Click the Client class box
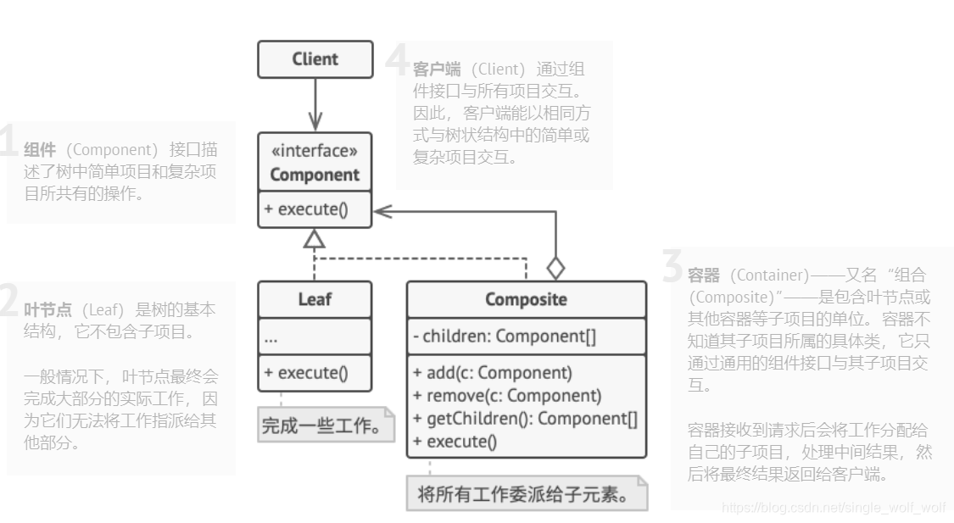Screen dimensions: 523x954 point(315,59)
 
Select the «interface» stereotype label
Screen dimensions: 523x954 point(315,152)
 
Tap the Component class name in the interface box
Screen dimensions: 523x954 point(315,175)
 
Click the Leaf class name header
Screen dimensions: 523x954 point(315,299)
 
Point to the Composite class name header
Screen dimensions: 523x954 point(526,299)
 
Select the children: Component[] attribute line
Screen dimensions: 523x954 point(505,337)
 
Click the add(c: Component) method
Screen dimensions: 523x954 point(493,372)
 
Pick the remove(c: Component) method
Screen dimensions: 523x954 point(507,395)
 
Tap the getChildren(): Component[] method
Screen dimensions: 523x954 point(525,418)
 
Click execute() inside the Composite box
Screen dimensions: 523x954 point(455,441)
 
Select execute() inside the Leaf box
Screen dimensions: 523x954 point(306,372)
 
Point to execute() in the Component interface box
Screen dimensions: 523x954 point(306,209)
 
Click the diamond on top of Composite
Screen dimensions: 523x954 point(555,268)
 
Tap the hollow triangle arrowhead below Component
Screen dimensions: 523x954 point(315,239)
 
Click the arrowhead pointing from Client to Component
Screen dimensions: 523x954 point(315,121)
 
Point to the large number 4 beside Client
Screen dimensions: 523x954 point(397,61)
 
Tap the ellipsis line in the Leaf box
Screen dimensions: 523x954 point(271,338)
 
